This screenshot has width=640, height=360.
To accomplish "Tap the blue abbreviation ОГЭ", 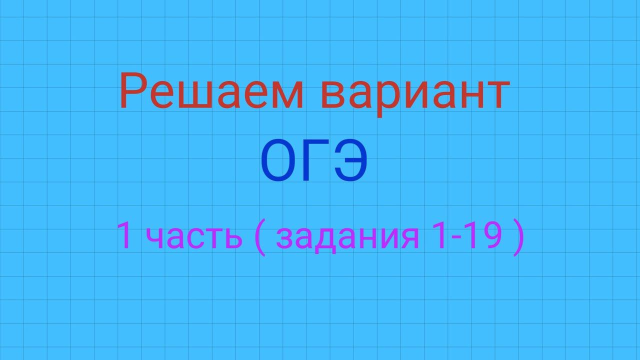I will click(314, 161).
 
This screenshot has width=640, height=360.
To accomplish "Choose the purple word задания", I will click(347, 238).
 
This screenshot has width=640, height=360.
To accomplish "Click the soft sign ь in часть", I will click(230, 239).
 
